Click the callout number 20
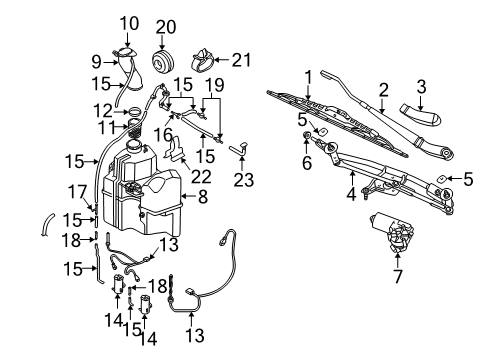[166, 26]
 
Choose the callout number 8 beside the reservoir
[202, 198]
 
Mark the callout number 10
[130, 22]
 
